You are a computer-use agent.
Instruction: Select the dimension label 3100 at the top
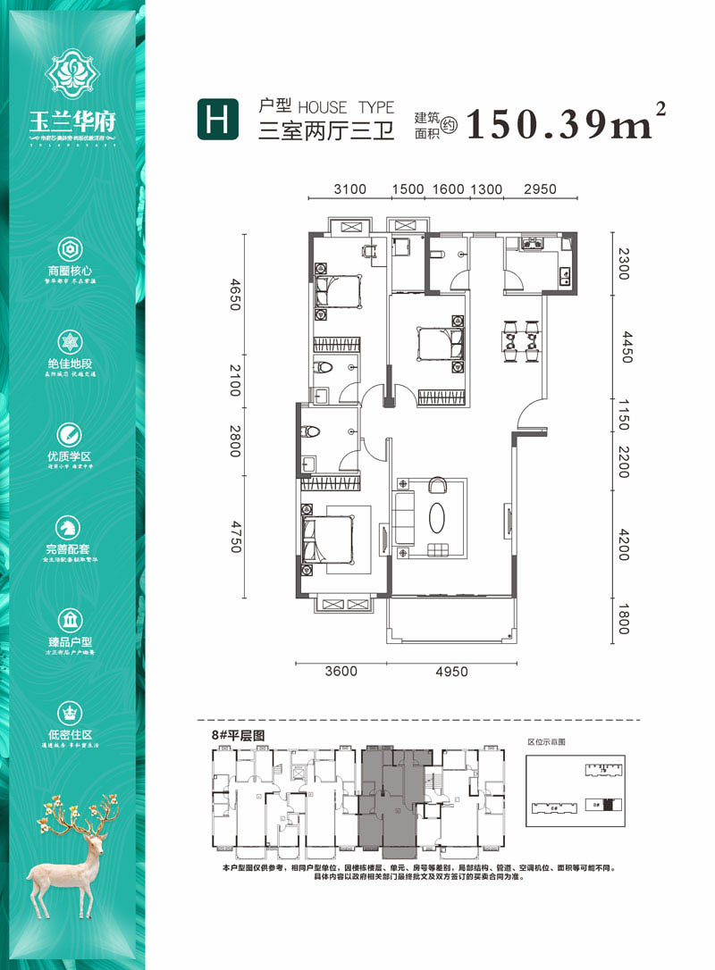[x=350, y=189]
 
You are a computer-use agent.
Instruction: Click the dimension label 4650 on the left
[x=235, y=296]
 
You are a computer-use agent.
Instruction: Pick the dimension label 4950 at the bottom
[x=451, y=672]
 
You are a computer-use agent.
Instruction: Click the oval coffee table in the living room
[x=437, y=519]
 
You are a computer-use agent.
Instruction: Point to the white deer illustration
[x=75, y=857]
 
